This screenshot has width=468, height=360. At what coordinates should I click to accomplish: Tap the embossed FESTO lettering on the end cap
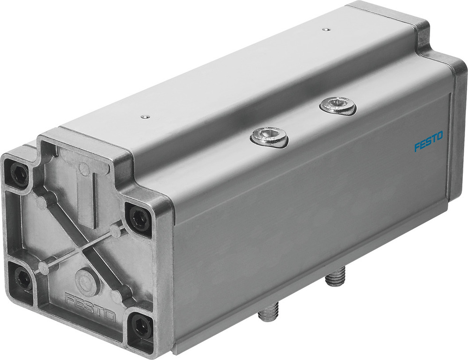coord(90,307)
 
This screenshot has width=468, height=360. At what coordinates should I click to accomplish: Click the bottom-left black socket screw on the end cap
coord(23,279)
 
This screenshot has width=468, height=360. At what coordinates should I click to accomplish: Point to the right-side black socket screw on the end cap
coord(139,218)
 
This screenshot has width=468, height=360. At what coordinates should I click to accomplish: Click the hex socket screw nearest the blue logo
coord(337,105)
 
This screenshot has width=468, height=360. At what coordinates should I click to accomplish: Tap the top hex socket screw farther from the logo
coord(269,137)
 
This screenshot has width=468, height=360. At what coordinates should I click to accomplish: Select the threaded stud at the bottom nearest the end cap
coord(268,310)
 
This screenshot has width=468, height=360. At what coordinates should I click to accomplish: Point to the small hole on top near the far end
coord(326,29)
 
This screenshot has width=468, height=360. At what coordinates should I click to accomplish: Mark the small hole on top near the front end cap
coord(146,116)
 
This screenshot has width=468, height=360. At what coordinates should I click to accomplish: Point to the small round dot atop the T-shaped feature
coord(84,168)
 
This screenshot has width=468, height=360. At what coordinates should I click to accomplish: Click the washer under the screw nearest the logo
coord(338,109)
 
